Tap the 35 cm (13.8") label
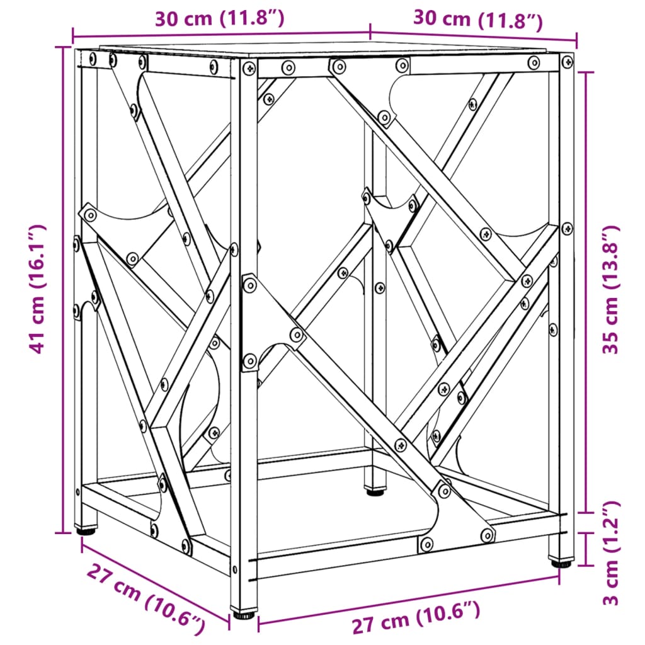click(x=612, y=289)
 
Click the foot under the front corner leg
click(x=244, y=612)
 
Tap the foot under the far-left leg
click(x=85, y=530)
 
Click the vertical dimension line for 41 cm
click(x=64, y=289)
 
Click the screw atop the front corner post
click(x=250, y=67)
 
